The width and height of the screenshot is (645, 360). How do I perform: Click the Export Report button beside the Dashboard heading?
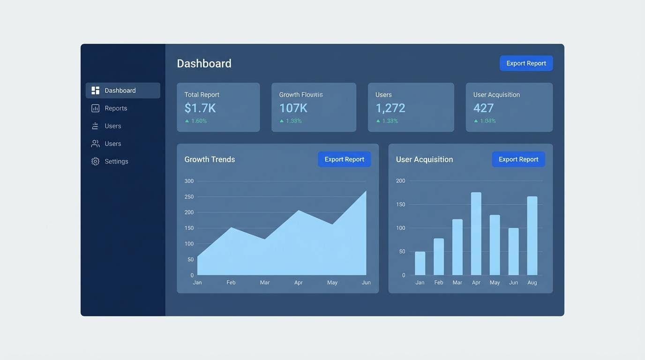tap(526, 63)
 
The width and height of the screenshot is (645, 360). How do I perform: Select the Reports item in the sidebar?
tap(116, 108)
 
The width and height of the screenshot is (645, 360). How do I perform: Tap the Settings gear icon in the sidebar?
tap(95, 161)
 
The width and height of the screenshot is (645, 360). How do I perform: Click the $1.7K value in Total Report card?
tap(200, 108)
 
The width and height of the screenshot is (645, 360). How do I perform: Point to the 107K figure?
tap(293, 108)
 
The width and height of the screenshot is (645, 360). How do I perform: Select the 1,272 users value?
tap(390, 108)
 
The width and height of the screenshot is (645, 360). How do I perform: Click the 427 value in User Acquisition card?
tap(483, 108)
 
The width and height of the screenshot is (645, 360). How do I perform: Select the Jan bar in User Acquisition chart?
tap(420, 263)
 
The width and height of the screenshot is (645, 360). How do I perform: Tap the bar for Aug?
tap(532, 235)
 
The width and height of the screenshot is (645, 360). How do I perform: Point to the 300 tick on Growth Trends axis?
tap(189, 181)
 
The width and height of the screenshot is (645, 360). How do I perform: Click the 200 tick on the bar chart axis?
tap(400, 181)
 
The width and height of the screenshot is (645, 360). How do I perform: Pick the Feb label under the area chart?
tap(231, 283)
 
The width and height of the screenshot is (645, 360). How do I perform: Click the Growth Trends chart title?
tap(210, 159)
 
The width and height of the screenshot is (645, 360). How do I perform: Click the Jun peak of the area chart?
tap(365, 192)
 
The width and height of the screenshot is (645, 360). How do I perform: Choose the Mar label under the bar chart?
tap(457, 283)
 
